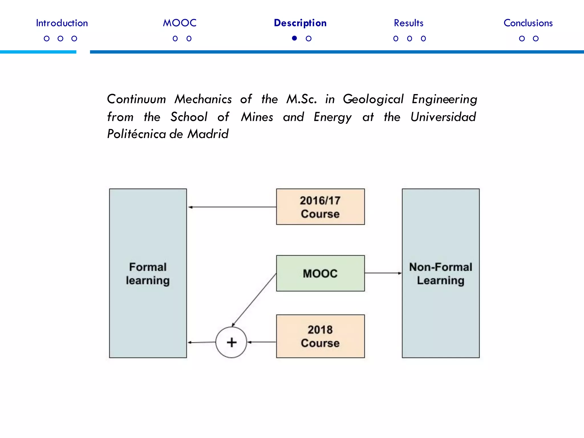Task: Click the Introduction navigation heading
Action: click(x=62, y=23)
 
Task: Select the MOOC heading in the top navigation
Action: click(x=180, y=23)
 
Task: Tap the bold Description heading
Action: click(x=300, y=23)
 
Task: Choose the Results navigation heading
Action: click(x=408, y=23)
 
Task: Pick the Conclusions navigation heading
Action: click(x=528, y=23)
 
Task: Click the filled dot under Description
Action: click(x=295, y=38)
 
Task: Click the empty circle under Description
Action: click(x=309, y=38)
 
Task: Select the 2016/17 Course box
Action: click(x=320, y=207)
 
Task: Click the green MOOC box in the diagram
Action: click(x=320, y=273)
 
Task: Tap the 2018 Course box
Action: click(x=320, y=336)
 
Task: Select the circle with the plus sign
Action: click(x=231, y=342)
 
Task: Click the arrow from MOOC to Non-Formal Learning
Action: click(x=383, y=273)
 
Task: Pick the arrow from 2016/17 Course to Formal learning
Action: click(x=232, y=207)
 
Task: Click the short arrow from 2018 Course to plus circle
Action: click(x=261, y=342)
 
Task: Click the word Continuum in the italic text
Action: click(x=136, y=99)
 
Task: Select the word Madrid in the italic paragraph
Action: click(x=208, y=134)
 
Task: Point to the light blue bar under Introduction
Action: click(x=38, y=52)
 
